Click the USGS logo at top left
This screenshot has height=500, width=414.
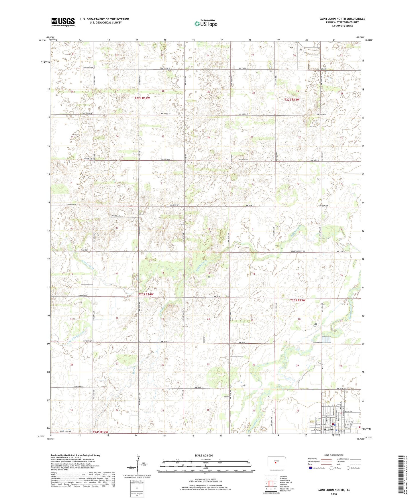63,22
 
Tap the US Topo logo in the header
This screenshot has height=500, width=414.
205,23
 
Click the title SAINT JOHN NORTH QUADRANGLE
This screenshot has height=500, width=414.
342,19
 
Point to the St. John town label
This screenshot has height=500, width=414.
328,430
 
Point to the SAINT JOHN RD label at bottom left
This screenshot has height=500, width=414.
65,432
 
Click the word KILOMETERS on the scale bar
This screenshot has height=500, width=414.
205,459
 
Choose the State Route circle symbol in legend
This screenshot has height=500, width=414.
348,468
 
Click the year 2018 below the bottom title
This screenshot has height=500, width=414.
334,494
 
